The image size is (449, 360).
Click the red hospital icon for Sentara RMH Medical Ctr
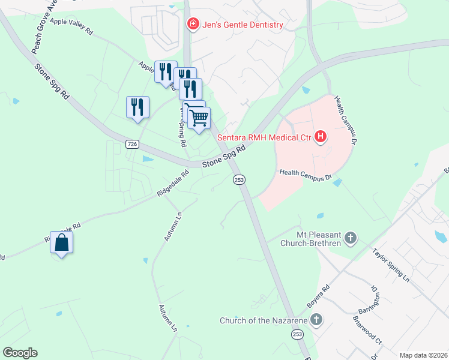coord(321,137)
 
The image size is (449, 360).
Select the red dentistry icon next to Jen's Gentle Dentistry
coord(193,25)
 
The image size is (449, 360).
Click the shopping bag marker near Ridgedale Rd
coord(62,243)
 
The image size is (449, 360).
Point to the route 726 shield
coord(133,144)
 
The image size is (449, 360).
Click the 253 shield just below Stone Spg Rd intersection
coord(239,179)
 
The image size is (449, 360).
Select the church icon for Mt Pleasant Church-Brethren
coord(351,239)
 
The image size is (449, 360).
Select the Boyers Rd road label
coord(318,296)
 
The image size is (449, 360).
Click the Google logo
coord(20,353)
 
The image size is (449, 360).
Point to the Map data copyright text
coord(423,355)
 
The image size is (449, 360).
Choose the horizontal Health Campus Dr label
coord(306,175)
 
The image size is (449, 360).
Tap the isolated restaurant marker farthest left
coord(137,107)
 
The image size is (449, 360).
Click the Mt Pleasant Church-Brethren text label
coord(319,238)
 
